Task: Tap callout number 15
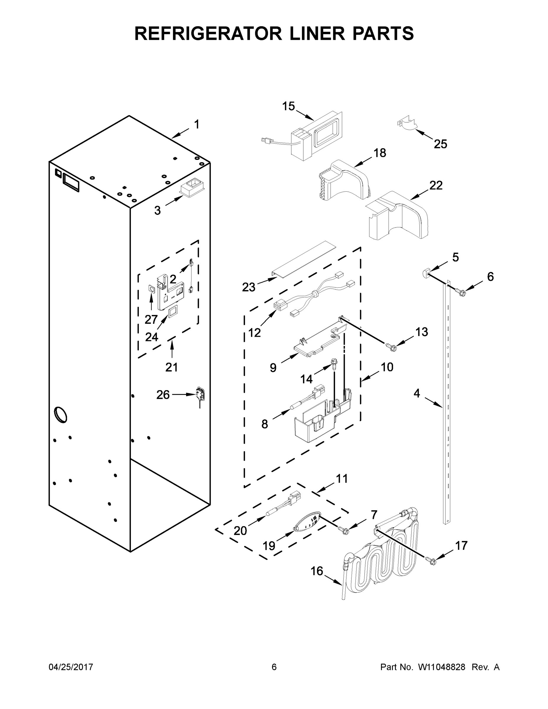pyautogui.click(x=288, y=106)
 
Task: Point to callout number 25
pyautogui.click(x=440, y=144)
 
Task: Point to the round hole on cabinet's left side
pyautogui.click(x=61, y=415)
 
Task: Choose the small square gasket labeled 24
pyautogui.click(x=173, y=311)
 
